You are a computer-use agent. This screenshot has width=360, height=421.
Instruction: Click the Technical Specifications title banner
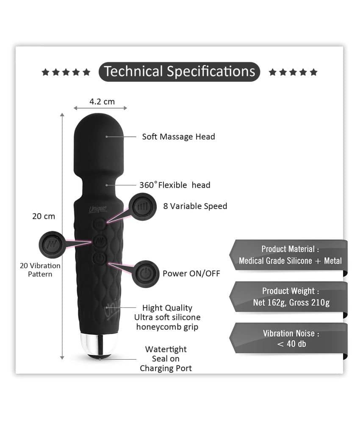pos(179,72)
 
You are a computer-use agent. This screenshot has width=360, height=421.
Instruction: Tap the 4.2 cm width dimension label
pos(102,102)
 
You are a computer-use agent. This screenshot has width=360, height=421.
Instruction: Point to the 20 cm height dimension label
pos(44,216)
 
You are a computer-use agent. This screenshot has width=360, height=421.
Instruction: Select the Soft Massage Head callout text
pos(179,137)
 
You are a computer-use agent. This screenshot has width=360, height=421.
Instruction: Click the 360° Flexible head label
pos(175,185)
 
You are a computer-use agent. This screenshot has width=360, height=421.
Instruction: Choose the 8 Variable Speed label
pos(195,206)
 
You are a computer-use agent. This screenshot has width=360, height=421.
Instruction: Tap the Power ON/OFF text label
pos(191,273)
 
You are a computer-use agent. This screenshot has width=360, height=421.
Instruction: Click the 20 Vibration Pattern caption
pos(40,270)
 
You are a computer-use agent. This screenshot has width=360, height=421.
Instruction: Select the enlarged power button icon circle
pos(145,274)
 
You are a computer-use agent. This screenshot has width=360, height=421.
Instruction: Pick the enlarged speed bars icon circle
pos(142,207)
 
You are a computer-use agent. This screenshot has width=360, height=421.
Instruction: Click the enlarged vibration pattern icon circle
pos(52,245)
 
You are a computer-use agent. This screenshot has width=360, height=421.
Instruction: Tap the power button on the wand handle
pos(100,258)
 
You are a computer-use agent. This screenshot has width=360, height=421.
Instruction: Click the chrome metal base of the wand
pos(99,345)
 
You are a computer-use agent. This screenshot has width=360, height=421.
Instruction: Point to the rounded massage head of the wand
pos(99,143)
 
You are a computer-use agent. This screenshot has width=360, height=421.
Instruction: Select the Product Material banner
pos(288,255)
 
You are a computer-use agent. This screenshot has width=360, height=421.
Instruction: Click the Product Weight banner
pos(288,297)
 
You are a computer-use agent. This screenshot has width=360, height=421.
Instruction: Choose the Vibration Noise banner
pos(288,338)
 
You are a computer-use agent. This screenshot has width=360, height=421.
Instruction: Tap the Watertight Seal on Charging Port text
pos(166,359)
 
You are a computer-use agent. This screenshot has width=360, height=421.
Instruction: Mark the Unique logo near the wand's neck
pos(98,209)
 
